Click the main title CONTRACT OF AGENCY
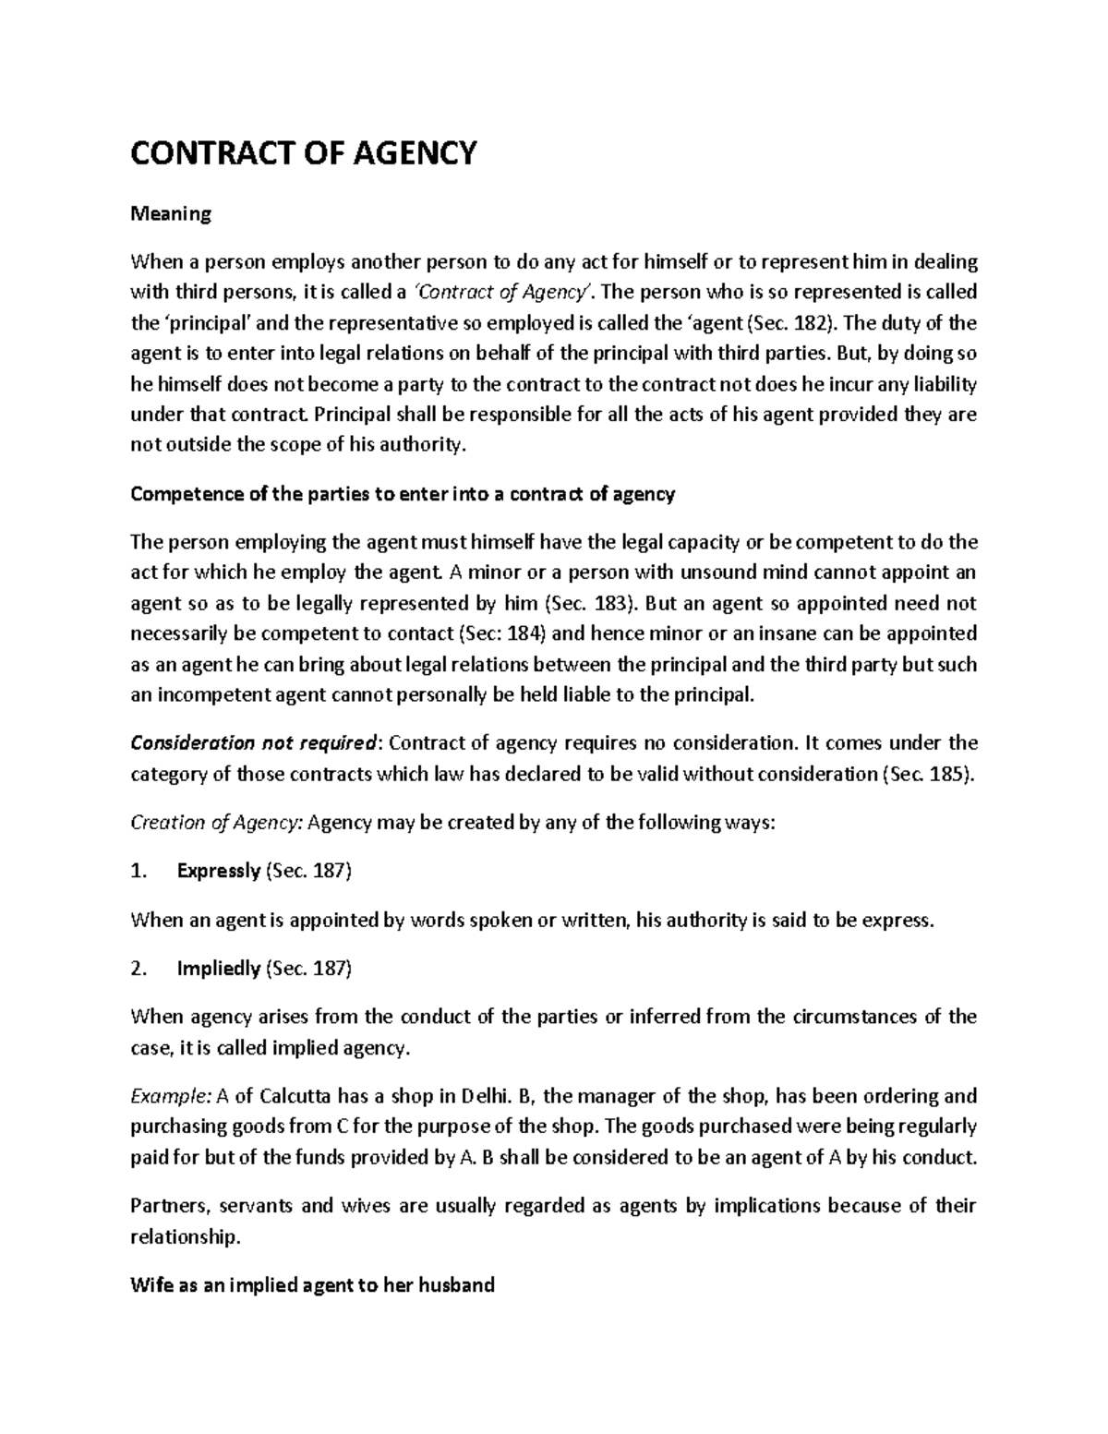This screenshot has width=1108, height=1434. pos(304,151)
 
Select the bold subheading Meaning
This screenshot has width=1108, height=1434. pos(171,214)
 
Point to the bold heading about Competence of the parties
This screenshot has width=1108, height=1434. pos(403,494)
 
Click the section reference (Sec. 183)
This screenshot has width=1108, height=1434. pos(590,603)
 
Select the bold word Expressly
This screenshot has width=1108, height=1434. pos(218,871)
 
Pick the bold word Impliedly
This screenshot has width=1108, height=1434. pos(218,969)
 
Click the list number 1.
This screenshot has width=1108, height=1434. pos(138,871)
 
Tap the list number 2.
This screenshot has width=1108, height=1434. pos(138,969)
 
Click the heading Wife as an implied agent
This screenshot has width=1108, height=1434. pos(312,1284)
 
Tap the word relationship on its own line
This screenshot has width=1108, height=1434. pos(185,1236)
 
